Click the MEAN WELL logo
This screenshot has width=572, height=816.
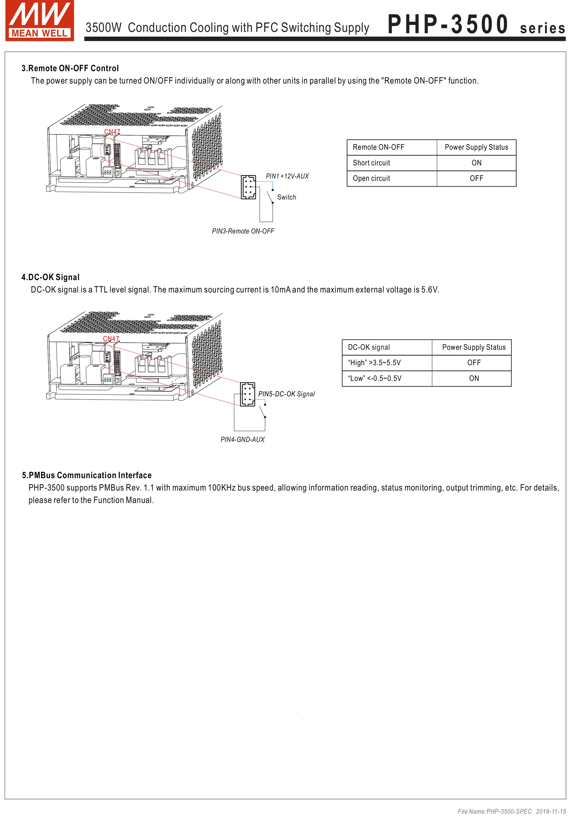(39, 21)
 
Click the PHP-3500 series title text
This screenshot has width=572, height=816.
(476, 25)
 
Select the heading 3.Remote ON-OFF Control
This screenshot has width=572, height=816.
(70, 68)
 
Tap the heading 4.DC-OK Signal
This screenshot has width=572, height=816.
(51, 277)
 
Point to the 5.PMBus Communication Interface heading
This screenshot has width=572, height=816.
(87, 475)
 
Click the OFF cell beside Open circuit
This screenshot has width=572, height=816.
(476, 178)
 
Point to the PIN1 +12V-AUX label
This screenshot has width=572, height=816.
(287, 176)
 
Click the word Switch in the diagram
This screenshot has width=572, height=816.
(286, 197)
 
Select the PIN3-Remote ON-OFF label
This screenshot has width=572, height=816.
(243, 231)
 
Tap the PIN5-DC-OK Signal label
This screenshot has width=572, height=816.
(286, 394)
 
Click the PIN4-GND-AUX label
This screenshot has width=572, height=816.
(243, 440)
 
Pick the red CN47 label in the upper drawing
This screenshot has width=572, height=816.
(112, 132)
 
